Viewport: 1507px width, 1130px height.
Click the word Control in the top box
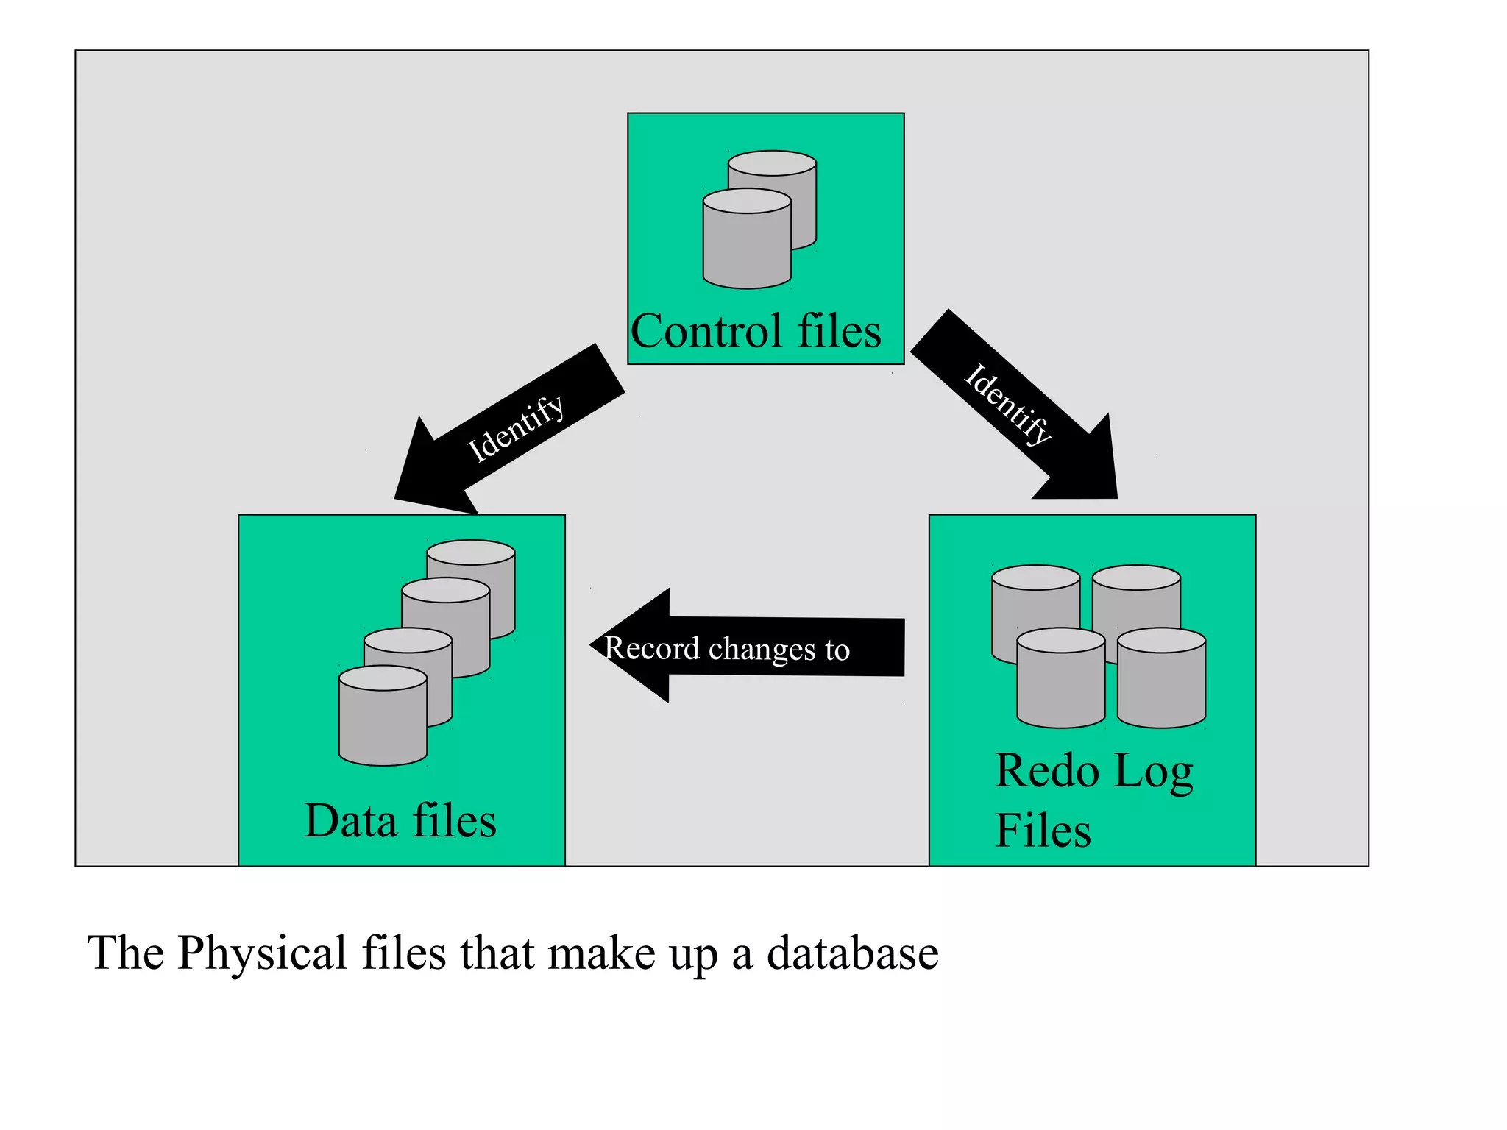706,331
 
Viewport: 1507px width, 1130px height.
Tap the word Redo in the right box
1046,771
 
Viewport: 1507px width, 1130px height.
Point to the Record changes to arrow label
727,649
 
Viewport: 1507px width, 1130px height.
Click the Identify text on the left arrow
516,428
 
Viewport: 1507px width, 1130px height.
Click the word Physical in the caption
262,953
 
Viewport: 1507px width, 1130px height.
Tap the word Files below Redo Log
1042,831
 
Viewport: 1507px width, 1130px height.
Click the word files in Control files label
840,331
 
